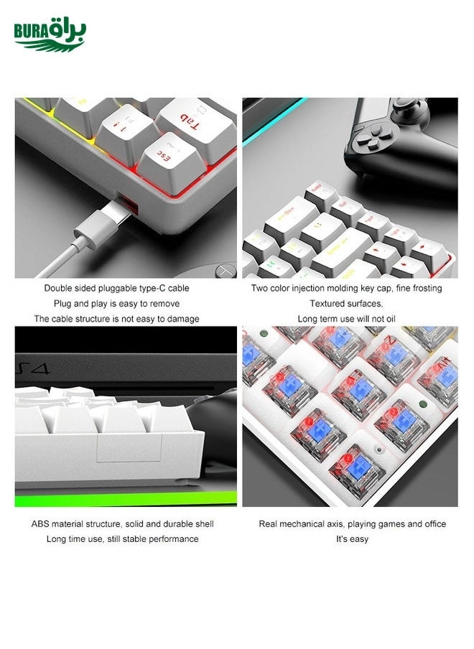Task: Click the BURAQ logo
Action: point(50,35)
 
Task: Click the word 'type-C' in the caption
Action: point(155,288)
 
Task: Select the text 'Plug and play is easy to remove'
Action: point(116,303)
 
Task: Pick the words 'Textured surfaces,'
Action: point(346,303)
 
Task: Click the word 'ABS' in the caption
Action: point(39,524)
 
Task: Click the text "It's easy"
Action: point(352,539)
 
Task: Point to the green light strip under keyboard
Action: point(125,498)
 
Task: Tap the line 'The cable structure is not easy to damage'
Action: point(116,318)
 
